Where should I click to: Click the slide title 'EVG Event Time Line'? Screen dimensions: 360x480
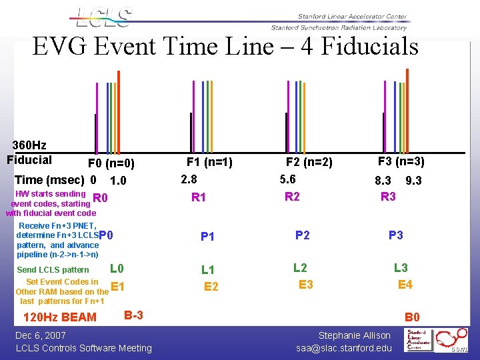coord(225,47)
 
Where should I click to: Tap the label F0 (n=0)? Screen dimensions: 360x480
coord(111,163)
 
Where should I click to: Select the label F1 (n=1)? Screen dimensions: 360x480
coord(209,161)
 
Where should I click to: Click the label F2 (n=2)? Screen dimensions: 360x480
coord(309,162)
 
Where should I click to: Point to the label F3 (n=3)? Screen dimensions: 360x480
coord(401,161)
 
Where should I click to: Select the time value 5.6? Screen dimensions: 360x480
coord(288,179)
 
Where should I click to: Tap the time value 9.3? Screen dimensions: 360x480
coord(413,181)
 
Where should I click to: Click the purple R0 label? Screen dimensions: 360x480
coord(101,198)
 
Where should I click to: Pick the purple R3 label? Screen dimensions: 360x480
coord(388,197)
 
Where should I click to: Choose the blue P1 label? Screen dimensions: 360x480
coord(207,237)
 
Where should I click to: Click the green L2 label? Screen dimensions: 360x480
coord(300,267)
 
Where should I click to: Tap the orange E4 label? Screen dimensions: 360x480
coord(405,285)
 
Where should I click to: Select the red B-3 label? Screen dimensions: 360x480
coord(133,314)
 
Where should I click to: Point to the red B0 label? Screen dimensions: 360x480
coord(412,317)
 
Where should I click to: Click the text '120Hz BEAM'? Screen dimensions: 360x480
coord(60,317)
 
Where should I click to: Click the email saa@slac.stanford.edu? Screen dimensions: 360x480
coord(344,348)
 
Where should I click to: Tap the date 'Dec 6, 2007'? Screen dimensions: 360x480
coord(41,335)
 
